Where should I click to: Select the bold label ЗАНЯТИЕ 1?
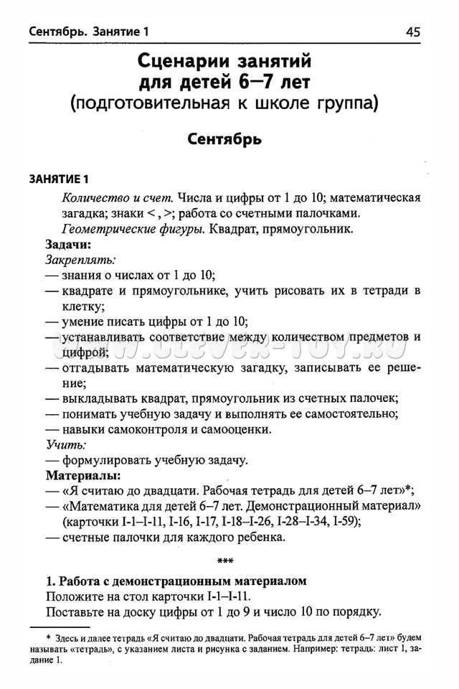click(x=57, y=179)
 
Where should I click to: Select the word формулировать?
click(x=110, y=460)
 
